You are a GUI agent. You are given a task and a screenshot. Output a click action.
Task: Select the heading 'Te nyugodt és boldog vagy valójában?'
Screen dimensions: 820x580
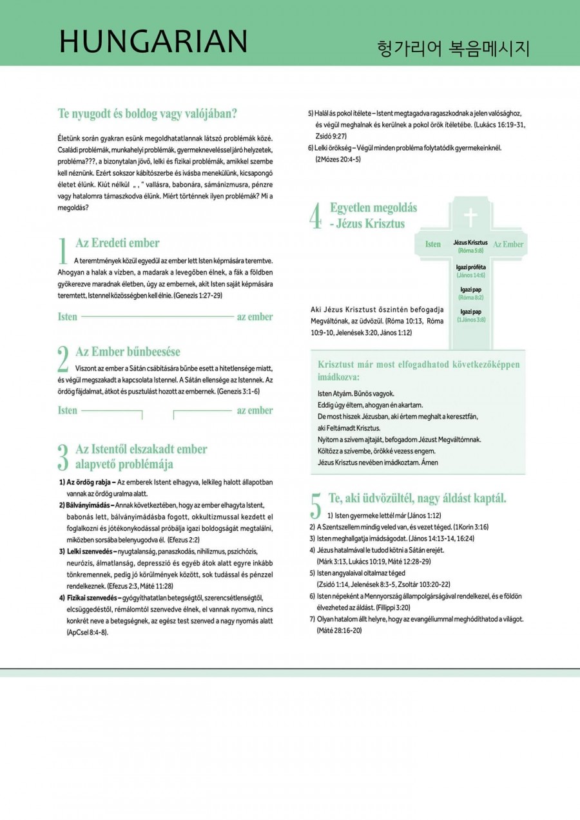tap(148, 115)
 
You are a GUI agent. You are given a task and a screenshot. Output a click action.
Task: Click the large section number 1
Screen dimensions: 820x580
tap(63, 251)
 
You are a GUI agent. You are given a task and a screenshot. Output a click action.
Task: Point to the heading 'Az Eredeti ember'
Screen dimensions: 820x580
tap(117, 243)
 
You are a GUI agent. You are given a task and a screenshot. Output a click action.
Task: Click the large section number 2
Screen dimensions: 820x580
tap(63, 359)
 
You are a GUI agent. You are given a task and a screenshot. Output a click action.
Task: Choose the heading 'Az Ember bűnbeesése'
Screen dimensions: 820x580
tap(128, 352)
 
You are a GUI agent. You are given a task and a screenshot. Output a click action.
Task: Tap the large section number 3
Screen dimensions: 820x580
tap(63, 457)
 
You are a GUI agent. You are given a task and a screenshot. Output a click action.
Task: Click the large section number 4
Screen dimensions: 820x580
tap(316, 216)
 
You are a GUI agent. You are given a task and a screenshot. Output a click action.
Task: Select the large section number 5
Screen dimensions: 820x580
tap(316, 506)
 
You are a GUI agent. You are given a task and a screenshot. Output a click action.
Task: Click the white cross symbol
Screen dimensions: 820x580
tap(471, 218)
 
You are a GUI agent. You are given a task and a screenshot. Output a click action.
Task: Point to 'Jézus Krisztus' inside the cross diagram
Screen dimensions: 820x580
tap(470, 242)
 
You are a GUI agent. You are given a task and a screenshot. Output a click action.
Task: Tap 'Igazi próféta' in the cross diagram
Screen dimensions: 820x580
tap(470, 267)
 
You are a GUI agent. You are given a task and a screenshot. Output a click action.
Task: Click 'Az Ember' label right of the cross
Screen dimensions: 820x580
tap(508, 244)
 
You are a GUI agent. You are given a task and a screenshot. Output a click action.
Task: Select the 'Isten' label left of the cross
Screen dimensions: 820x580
tap(433, 244)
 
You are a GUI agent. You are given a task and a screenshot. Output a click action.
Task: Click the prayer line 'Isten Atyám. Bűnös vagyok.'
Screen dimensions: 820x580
tap(356, 393)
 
